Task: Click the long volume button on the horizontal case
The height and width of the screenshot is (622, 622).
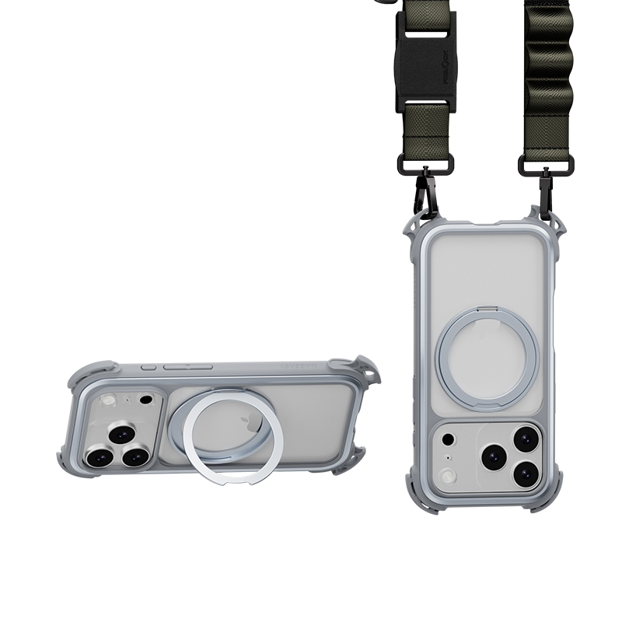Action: [x=189, y=365]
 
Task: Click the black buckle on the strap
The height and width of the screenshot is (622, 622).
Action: [x=425, y=61]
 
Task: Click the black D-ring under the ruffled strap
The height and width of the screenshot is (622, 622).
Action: [x=546, y=164]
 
